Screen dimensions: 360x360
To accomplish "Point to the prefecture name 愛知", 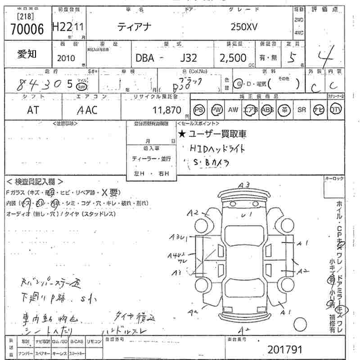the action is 27,55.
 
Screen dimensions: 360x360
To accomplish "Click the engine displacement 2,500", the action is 233,58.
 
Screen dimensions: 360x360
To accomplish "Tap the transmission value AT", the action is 33,110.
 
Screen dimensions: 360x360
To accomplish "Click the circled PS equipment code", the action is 199,110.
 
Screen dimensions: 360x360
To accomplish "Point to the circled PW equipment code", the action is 217,110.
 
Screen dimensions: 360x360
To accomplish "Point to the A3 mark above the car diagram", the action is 244,184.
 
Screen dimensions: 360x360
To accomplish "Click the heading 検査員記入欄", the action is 31,182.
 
